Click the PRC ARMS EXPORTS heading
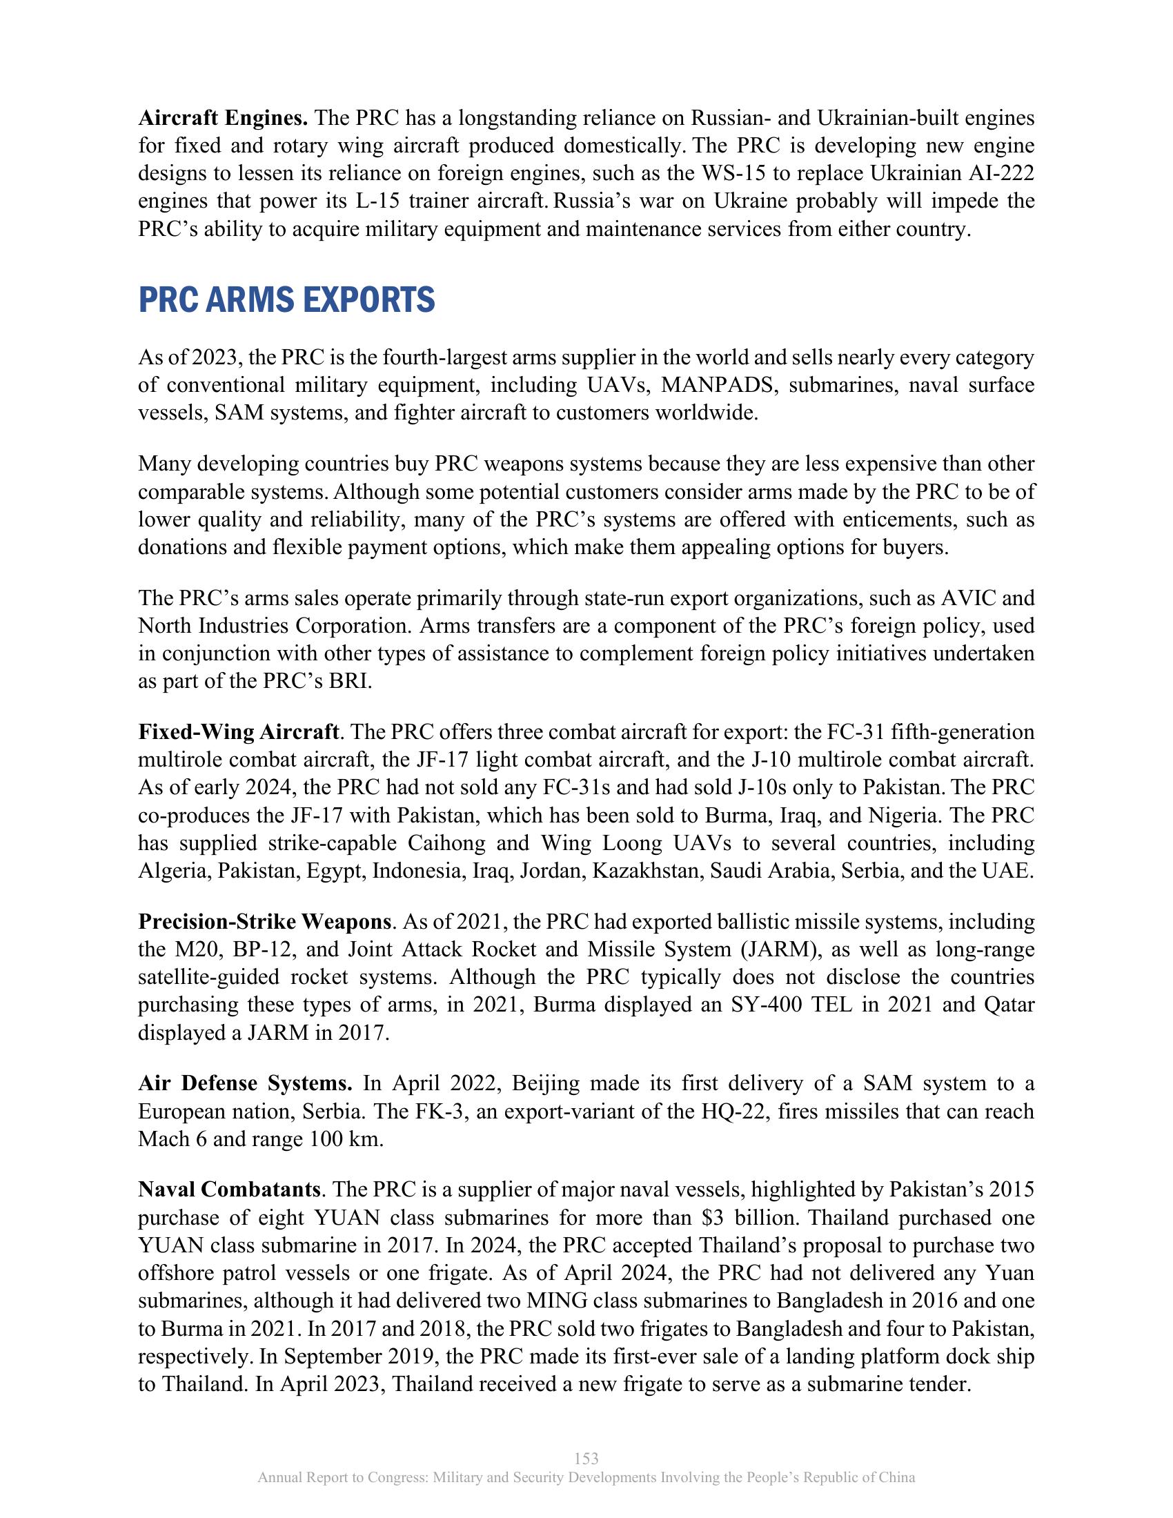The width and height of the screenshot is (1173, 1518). click(286, 300)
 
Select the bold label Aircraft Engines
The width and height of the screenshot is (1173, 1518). click(223, 117)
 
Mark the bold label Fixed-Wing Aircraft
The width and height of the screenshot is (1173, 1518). click(238, 732)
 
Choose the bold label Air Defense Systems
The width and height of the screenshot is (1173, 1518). click(246, 1083)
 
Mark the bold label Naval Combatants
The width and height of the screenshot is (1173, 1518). click(228, 1190)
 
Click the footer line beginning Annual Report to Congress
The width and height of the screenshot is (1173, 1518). click(586, 1478)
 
